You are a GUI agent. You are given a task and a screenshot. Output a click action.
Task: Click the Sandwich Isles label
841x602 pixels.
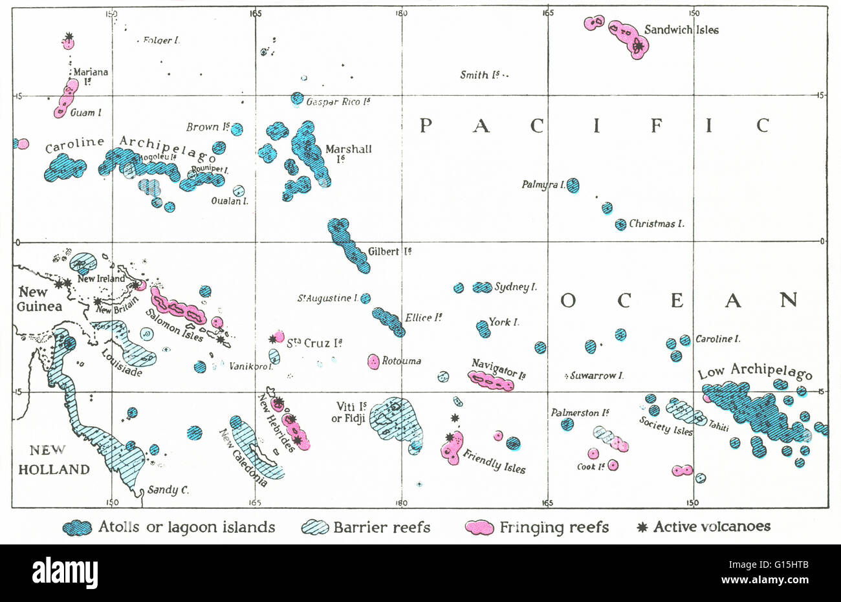pyautogui.click(x=681, y=30)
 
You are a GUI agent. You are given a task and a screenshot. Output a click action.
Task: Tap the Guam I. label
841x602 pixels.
pyautogui.click(x=85, y=113)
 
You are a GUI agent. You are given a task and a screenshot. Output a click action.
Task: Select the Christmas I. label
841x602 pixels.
pyautogui.click(x=656, y=224)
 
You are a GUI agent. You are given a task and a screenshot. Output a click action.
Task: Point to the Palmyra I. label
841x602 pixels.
pyautogui.click(x=543, y=185)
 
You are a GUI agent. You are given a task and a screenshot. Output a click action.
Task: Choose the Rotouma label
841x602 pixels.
pyautogui.click(x=401, y=361)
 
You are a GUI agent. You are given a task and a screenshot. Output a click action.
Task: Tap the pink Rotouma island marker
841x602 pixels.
pyautogui.click(x=373, y=361)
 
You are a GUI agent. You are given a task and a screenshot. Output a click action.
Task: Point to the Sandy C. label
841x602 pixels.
pyautogui.click(x=168, y=489)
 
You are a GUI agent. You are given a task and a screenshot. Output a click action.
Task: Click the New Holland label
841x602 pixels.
pyautogui.click(x=54, y=460)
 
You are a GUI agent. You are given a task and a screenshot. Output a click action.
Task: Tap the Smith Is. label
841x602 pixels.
pyautogui.click(x=483, y=75)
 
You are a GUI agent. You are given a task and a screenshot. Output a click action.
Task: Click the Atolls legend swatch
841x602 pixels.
pyautogui.click(x=78, y=528)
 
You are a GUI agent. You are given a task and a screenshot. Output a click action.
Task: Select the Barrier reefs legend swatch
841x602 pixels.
pyautogui.click(x=315, y=528)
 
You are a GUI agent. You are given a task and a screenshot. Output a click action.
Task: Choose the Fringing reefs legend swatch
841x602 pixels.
pyautogui.click(x=481, y=528)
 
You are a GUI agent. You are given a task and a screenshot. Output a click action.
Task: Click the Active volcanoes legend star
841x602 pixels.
pyautogui.click(x=642, y=527)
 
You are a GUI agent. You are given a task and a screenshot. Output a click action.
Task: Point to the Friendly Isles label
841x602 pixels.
pyautogui.click(x=494, y=460)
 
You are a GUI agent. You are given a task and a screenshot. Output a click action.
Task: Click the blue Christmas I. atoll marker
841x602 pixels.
pyautogui.click(x=620, y=224)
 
